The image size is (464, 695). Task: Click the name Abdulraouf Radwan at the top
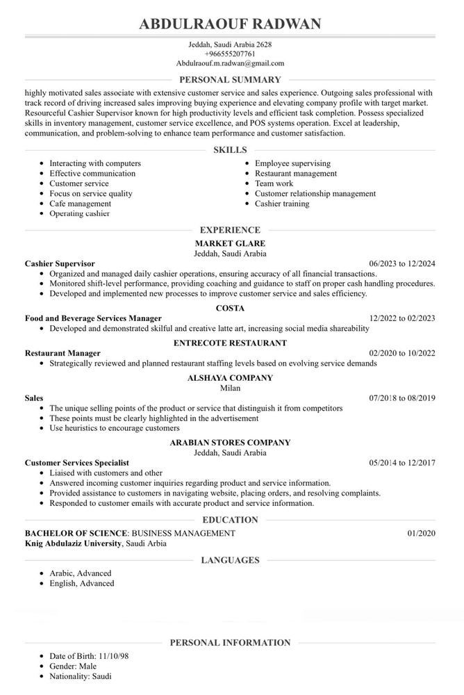(230, 24)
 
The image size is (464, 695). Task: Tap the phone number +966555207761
(230, 54)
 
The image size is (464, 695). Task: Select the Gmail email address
(230, 63)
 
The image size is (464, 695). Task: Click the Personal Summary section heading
(230, 80)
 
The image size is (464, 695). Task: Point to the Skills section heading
(230, 150)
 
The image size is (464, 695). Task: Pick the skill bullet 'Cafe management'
(80, 204)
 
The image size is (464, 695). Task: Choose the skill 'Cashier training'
(282, 204)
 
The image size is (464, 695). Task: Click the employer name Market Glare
(230, 244)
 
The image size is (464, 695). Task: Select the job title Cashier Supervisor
(60, 264)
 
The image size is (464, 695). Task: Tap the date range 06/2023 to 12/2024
(402, 264)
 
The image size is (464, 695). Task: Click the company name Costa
(230, 308)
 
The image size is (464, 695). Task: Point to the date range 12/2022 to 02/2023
(402, 318)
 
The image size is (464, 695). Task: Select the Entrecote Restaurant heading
(230, 343)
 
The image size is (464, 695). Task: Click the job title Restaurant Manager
(63, 353)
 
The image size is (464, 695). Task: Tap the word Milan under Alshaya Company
(230, 388)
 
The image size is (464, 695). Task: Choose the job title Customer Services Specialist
(76, 462)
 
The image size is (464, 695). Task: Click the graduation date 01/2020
(421, 533)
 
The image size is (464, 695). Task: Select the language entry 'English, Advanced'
(81, 583)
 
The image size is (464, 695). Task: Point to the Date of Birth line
(80, 656)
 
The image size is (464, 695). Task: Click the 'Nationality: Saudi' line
(80, 676)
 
